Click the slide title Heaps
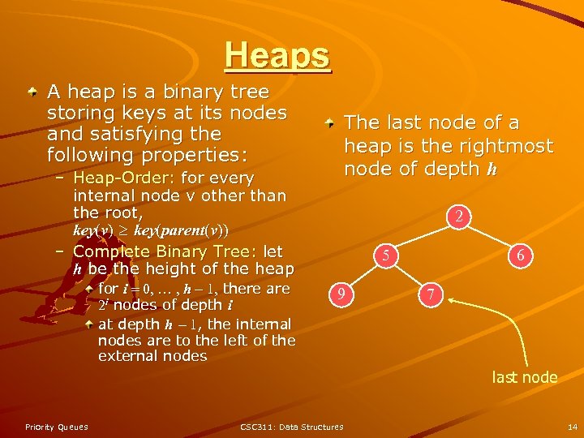click(x=278, y=55)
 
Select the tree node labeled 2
click(x=459, y=217)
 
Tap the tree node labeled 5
click(x=388, y=256)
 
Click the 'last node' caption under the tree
click(x=525, y=377)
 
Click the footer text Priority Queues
click(x=57, y=427)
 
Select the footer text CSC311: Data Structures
click(x=292, y=427)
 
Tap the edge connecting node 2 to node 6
click(x=494, y=236)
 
